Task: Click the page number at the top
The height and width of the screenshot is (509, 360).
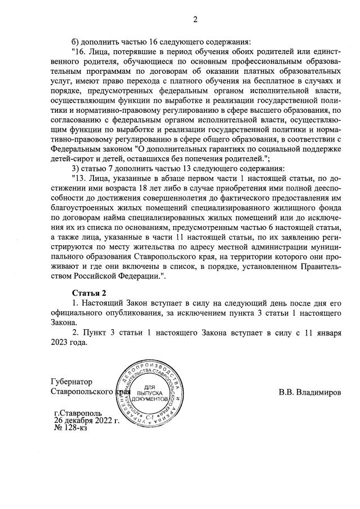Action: (x=195, y=20)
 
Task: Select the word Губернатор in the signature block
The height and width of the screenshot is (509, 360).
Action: (x=71, y=382)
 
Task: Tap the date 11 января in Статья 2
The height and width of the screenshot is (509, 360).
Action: (x=322, y=333)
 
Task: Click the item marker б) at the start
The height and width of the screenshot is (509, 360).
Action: (x=77, y=42)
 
